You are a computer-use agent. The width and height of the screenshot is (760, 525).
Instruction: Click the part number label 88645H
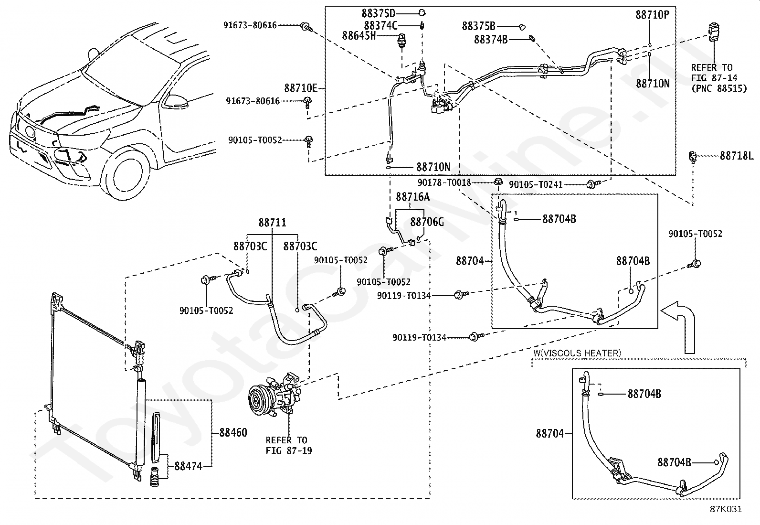point(359,36)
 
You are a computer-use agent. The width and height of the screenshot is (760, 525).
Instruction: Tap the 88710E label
point(301,88)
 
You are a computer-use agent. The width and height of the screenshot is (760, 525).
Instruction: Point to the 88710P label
point(652,15)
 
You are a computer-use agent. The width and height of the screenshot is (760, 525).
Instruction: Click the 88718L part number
point(737,156)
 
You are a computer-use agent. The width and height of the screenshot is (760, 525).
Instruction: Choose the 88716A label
point(412,197)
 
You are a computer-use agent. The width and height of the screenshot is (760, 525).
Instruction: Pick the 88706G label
point(427,222)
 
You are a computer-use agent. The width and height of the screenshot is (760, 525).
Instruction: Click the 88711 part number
point(273,223)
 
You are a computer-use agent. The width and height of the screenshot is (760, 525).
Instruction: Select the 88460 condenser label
point(233,433)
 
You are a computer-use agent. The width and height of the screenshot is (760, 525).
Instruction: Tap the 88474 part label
point(188,466)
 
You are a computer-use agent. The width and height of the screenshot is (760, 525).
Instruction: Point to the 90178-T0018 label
point(444,182)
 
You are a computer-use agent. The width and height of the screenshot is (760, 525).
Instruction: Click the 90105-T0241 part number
point(536,184)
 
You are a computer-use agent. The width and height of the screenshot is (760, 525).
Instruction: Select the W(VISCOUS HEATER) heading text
point(577,354)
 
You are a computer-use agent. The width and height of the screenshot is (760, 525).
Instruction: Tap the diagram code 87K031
point(726,509)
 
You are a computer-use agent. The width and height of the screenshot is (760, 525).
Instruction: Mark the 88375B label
point(478,26)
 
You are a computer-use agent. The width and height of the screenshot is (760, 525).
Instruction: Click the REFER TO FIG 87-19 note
point(286,445)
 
